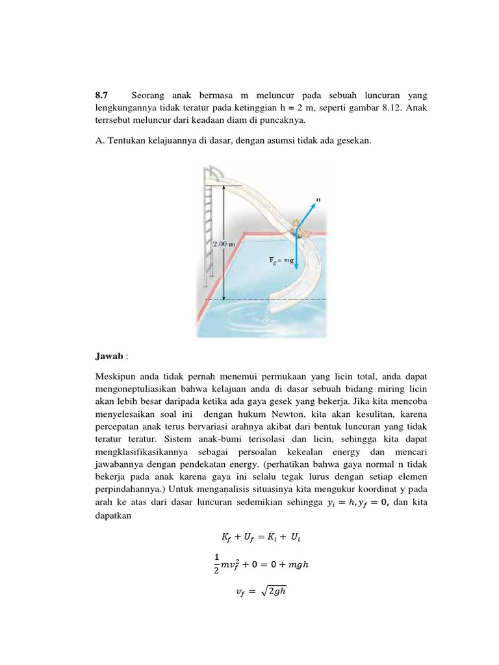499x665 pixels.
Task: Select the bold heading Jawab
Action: [107, 357]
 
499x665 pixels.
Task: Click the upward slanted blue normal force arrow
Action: [307, 211]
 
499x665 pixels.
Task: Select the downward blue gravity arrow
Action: [297, 250]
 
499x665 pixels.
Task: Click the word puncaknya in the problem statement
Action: [294, 120]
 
